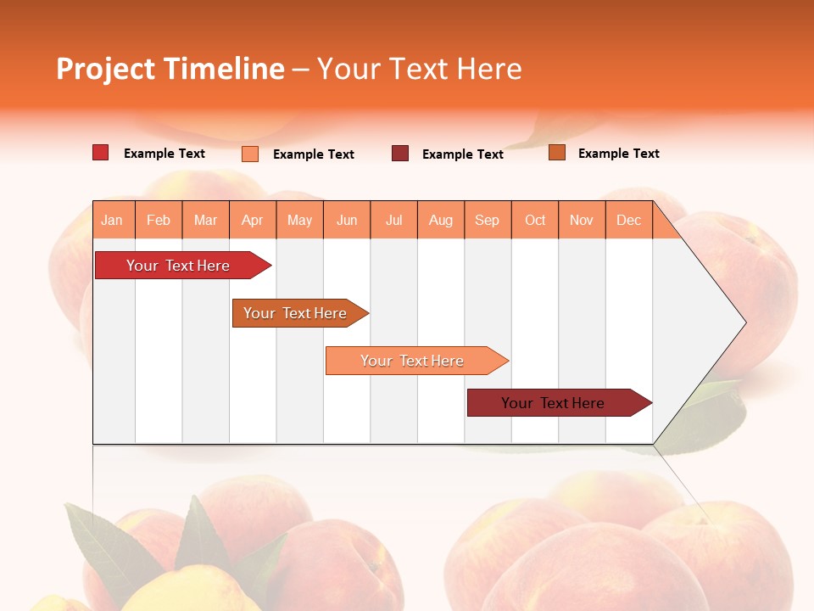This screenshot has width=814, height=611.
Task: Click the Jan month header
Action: click(x=113, y=220)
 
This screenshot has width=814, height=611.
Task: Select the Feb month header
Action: click(x=159, y=220)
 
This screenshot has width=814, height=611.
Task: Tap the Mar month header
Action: click(x=205, y=220)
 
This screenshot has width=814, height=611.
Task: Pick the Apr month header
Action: click(x=253, y=220)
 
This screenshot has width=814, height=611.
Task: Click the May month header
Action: click(x=299, y=220)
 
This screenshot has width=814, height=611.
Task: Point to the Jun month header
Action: click(x=347, y=220)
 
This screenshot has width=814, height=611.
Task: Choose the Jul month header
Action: click(x=393, y=220)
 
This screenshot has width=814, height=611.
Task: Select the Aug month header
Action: click(x=441, y=220)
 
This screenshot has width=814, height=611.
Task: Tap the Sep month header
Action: click(x=488, y=220)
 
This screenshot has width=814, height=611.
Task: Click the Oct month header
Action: click(x=535, y=220)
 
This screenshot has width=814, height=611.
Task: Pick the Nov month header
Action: click(x=582, y=220)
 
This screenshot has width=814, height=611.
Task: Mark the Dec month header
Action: click(x=628, y=220)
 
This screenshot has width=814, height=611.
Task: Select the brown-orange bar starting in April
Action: click(x=295, y=313)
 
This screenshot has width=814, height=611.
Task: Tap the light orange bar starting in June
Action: click(x=412, y=361)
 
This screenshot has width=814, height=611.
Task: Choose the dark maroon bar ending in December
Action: click(x=553, y=403)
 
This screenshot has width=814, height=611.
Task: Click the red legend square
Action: click(x=100, y=153)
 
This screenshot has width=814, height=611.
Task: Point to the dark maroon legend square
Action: click(x=400, y=154)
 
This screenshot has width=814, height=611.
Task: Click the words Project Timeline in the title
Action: click(x=170, y=69)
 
